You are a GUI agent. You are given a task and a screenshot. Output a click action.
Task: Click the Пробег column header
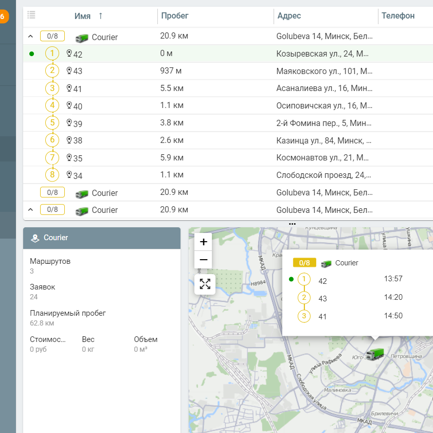coord(175,16)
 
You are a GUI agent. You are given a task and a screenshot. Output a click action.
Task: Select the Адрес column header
coord(289,16)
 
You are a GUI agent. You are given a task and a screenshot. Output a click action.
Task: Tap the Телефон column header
coord(398,16)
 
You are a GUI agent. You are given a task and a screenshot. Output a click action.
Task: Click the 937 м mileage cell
coord(171,71)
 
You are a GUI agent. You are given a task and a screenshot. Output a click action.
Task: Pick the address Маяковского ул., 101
coord(324,71)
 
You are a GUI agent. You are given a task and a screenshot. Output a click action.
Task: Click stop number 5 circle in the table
coord(52,123)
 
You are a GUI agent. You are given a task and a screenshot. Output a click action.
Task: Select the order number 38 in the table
coord(78,140)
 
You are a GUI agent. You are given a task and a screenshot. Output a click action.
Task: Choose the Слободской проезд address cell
coord(324,175)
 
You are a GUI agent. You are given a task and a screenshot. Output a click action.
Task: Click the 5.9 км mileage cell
coord(172,157)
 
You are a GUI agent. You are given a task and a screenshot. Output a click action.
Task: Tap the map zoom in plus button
coord(203,242)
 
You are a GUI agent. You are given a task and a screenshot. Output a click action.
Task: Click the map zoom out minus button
coord(203,260)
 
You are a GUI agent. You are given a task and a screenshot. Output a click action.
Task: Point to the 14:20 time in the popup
coord(393,297)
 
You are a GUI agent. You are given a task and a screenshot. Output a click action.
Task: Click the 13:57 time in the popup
coord(393,279)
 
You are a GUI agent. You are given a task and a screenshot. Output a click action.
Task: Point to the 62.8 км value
coord(42,323)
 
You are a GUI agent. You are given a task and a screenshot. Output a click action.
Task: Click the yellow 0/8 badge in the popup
coord(304,263)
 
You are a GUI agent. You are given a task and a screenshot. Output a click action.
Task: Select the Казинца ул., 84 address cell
coord(324,140)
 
